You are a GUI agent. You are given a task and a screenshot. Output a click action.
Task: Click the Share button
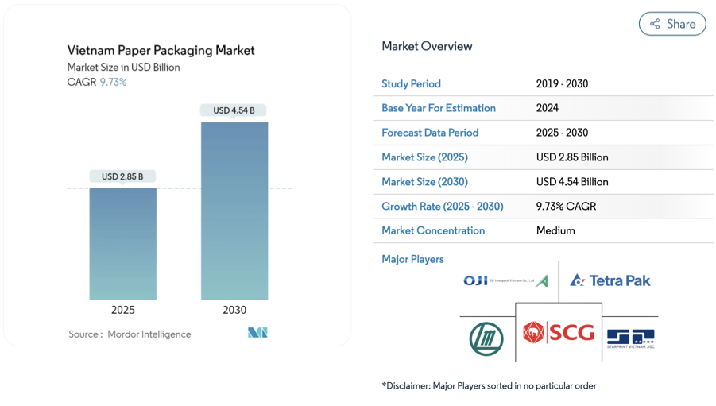[672, 24]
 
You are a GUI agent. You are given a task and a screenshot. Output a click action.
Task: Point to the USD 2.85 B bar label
[123, 176]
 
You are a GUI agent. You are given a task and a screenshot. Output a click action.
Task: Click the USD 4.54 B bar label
[234, 110]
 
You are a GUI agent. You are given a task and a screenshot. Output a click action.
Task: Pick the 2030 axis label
[234, 310]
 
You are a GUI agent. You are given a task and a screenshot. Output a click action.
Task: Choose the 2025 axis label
[123, 310]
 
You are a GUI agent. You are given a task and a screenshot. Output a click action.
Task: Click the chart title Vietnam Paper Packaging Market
[161, 50]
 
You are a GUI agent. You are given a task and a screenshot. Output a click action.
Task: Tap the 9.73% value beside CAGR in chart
[113, 82]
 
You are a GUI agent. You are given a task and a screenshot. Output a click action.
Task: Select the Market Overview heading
[427, 46]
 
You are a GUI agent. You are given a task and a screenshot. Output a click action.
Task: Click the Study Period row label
[411, 83]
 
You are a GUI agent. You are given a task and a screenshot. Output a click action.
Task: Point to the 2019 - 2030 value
[562, 83]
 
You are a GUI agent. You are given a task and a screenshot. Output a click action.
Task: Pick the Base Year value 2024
[548, 108]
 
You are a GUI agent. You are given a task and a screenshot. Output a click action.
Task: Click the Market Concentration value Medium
[555, 230]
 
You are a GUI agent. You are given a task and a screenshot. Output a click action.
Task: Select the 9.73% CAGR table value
[566, 206]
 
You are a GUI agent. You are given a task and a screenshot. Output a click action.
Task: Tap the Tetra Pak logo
[610, 280]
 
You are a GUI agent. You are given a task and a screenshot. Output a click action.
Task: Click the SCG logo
[559, 331]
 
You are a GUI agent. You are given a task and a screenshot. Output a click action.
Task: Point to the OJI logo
[505, 280]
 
